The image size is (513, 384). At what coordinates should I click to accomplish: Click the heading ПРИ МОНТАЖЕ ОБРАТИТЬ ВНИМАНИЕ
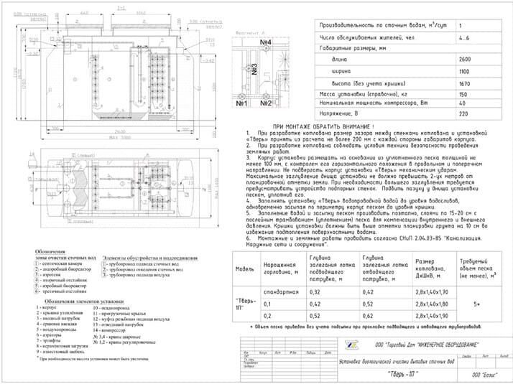click(313, 126)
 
